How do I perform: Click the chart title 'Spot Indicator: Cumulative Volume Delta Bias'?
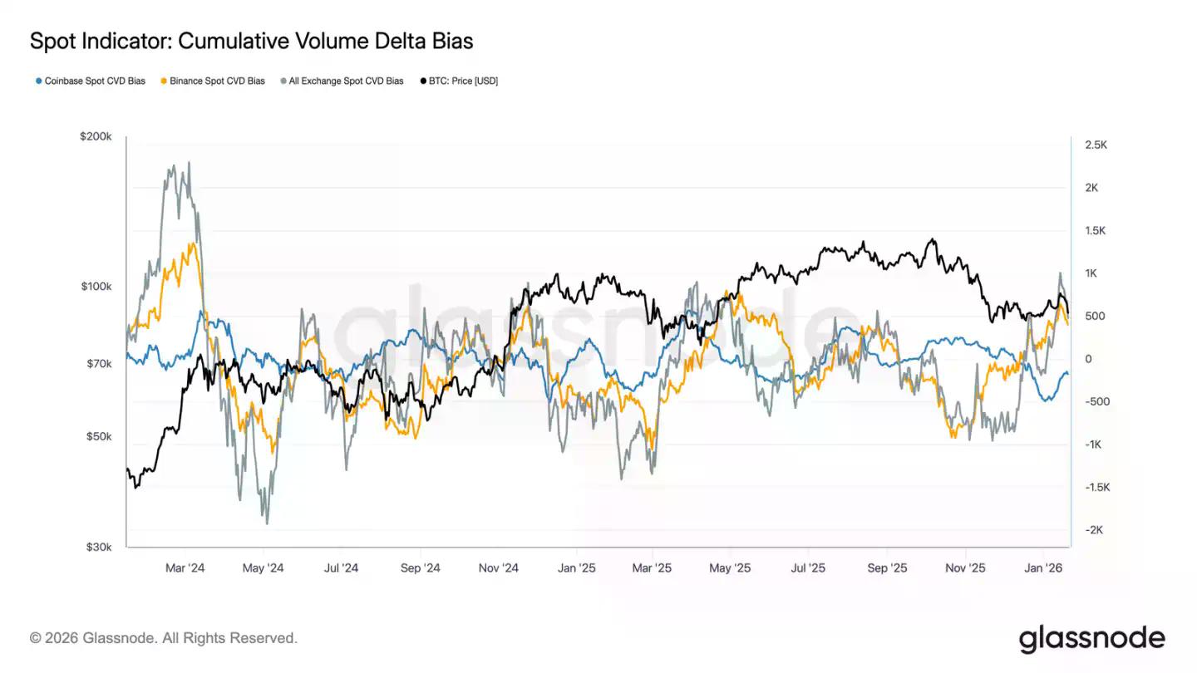pos(251,41)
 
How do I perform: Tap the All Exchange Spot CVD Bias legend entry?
pos(345,81)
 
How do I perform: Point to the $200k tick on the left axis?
pos(96,136)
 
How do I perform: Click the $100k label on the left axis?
pos(96,287)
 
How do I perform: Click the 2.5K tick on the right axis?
pos(1096,145)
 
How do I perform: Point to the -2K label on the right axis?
pos(1093,530)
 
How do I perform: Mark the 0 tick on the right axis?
pos(1087,359)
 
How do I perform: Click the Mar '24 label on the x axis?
pos(185,568)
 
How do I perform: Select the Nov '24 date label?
pos(499,568)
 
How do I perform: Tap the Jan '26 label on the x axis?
pos(1043,568)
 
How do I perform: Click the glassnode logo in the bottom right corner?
pos(1091,638)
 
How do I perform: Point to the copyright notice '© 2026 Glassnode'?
pos(164,638)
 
